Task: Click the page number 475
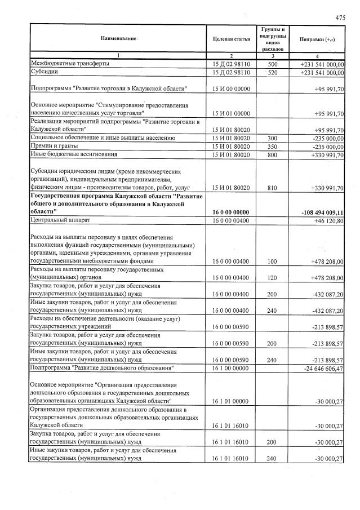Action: pos(340,17)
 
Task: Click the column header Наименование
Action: pos(119,38)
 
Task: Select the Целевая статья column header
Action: pos(231,39)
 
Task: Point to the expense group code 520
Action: pos(273,72)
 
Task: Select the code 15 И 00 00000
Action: pos(231,89)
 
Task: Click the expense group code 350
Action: pos(273,147)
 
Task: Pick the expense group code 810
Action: pos(273,187)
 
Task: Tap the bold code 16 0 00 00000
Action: pos(231,211)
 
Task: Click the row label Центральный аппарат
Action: pos(60,220)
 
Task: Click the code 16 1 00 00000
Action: pos(231,368)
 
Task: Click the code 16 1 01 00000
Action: pos(231,401)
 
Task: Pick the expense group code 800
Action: pos(273,155)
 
